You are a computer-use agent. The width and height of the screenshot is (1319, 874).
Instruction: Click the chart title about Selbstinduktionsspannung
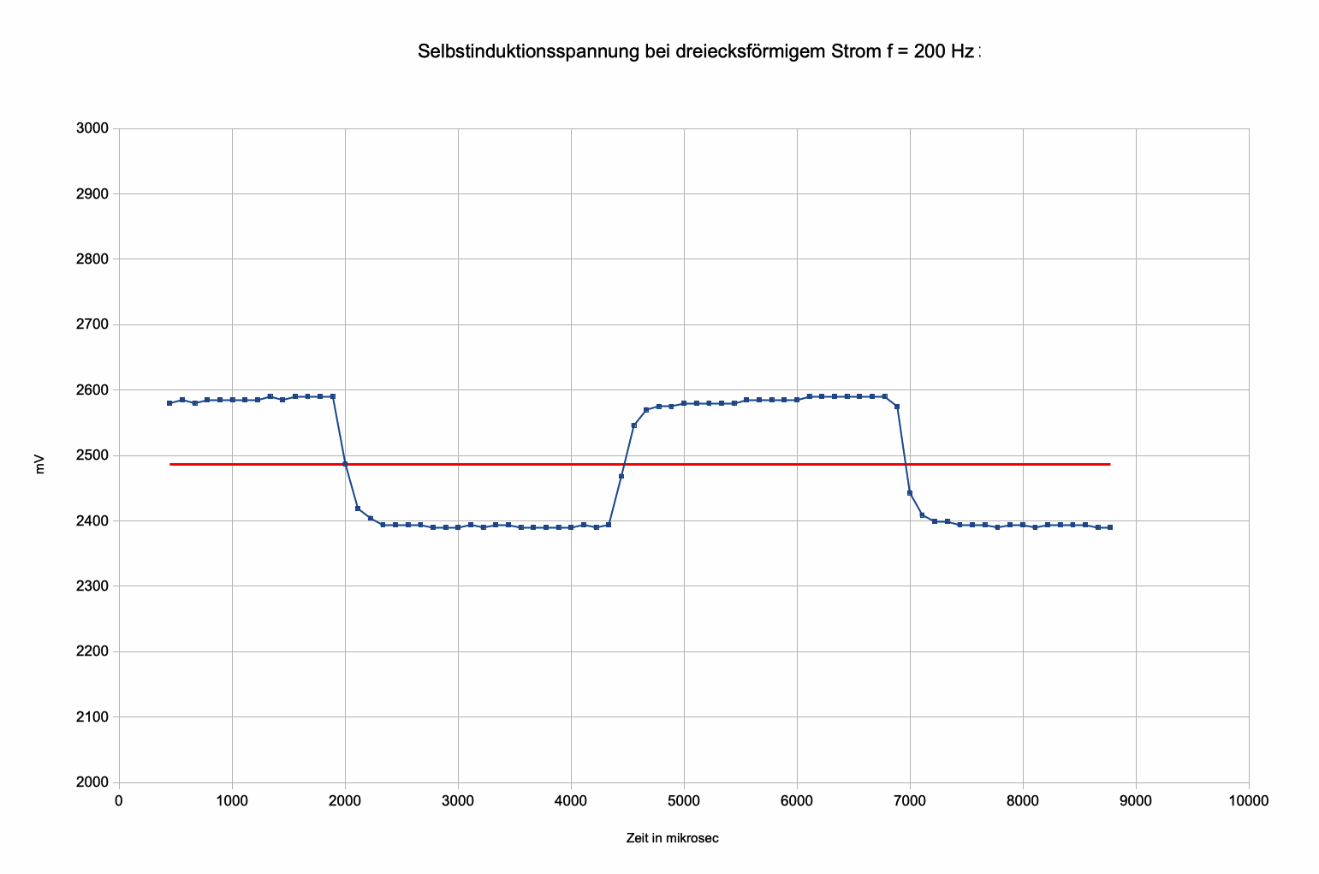click(697, 51)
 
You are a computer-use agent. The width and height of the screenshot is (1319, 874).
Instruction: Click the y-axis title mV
click(39, 464)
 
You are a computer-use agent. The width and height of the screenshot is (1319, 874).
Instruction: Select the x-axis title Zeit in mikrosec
click(672, 838)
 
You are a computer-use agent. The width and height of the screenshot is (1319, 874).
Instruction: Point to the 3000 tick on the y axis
click(92, 128)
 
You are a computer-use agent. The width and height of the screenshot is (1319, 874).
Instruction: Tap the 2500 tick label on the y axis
click(92, 455)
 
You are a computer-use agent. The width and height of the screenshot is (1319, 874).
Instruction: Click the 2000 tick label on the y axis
click(92, 782)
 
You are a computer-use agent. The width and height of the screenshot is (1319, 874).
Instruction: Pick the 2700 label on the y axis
click(92, 324)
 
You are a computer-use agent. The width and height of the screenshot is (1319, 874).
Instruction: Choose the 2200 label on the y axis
click(92, 651)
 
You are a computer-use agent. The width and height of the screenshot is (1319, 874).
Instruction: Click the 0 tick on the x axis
click(119, 801)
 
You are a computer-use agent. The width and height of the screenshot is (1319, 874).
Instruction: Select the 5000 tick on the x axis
click(684, 801)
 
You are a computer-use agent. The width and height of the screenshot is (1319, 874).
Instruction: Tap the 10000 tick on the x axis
click(1249, 801)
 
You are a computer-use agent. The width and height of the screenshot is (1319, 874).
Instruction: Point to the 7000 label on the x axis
click(910, 801)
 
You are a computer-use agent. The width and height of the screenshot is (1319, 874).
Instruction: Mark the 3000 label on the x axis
click(458, 801)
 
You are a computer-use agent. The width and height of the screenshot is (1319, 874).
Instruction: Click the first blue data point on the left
click(169, 403)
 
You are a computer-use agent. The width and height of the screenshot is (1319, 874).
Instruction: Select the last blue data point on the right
click(1110, 527)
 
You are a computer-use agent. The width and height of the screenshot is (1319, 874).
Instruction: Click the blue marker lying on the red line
click(345, 464)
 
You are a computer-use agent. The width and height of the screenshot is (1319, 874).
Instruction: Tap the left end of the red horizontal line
click(171, 464)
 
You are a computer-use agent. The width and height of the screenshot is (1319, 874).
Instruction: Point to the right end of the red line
click(1109, 464)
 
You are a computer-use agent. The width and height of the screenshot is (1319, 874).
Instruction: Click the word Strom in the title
click(856, 51)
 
